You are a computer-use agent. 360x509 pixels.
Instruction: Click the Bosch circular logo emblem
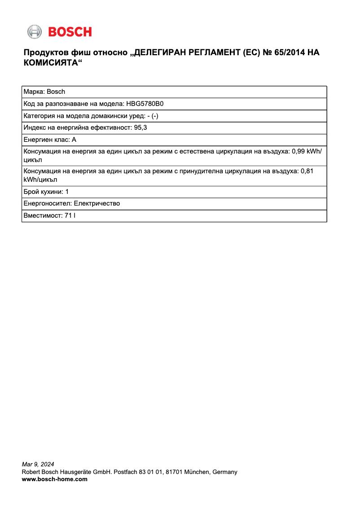click(34, 31)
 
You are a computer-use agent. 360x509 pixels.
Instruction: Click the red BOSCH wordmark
click(70, 32)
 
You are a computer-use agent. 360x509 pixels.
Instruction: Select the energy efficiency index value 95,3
click(140, 127)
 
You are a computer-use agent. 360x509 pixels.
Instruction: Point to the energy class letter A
click(74, 140)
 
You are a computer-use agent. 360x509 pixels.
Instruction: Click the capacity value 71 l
click(70, 215)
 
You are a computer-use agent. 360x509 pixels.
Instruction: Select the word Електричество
click(97, 203)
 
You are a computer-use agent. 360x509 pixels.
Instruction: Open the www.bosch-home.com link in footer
click(55, 479)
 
